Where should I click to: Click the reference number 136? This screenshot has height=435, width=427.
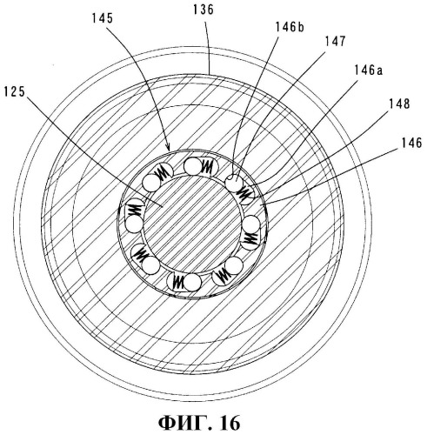[x=203, y=10]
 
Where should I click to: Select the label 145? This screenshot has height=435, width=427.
[x=103, y=18]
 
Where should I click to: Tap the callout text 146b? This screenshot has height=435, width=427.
[x=290, y=28]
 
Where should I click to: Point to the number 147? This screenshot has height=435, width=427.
[x=335, y=42]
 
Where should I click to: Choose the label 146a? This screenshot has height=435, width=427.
[x=368, y=70]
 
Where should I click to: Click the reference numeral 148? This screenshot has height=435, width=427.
[x=400, y=104]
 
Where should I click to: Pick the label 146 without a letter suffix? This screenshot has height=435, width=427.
[x=411, y=144]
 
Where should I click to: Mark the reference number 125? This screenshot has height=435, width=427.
[x=15, y=92]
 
